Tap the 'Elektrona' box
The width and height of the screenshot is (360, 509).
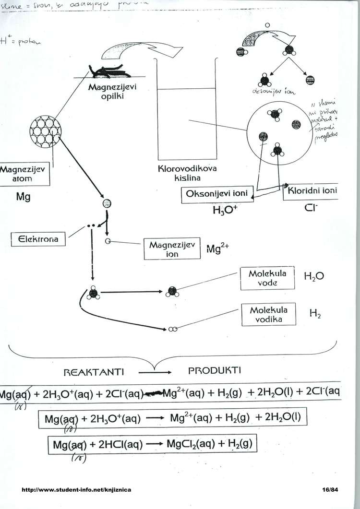point(38,239)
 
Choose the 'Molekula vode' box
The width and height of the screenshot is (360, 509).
point(267,278)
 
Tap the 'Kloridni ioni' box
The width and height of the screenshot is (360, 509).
point(312,191)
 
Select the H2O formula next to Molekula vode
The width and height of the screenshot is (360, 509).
point(314,276)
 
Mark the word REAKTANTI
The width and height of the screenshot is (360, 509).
point(94,372)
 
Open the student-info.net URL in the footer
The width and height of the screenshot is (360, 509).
point(76,490)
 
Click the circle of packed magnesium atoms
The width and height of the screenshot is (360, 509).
point(46,130)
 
